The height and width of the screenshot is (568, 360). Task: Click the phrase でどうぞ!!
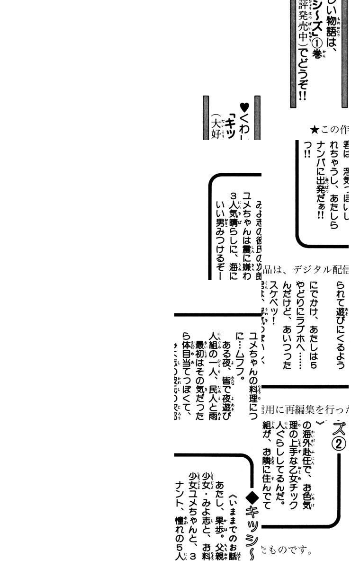[303, 78]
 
